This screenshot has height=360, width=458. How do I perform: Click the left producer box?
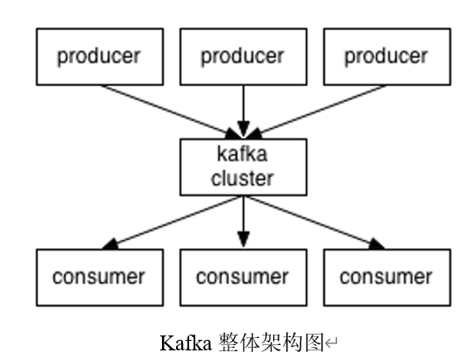click(x=99, y=57)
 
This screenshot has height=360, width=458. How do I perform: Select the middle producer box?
click(x=243, y=57)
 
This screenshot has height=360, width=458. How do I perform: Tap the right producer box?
click(x=386, y=57)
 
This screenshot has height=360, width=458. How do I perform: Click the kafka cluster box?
click(x=243, y=166)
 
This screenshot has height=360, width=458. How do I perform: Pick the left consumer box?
click(x=99, y=278)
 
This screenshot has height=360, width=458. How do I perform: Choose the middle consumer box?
click(x=243, y=278)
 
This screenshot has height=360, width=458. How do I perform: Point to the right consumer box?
click(x=386, y=278)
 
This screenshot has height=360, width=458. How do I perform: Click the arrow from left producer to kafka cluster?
click(x=166, y=110)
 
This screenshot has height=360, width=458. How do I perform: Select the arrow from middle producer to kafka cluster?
click(x=243, y=109)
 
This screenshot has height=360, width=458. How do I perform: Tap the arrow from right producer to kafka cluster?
click(x=320, y=110)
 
